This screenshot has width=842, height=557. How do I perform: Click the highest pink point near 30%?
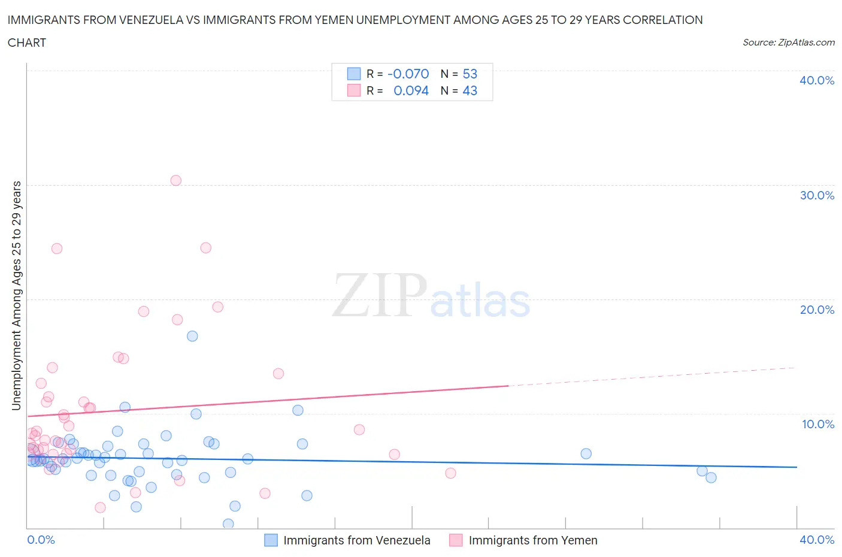click(x=175, y=180)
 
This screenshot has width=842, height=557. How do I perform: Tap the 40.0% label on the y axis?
click(x=816, y=80)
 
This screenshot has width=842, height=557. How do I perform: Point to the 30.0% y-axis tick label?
click(x=816, y=195)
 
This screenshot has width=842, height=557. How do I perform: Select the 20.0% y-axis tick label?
click(x=816, y=310)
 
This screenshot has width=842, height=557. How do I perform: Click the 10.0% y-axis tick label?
click(x=817, y=424)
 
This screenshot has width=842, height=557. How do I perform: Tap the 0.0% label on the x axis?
click(x=41, y=540)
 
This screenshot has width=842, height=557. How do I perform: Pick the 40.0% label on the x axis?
click(x=817, y=540)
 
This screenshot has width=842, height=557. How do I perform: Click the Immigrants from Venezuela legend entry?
click(x=356, y=540)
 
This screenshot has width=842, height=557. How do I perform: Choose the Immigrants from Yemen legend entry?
click(x=532, y=540)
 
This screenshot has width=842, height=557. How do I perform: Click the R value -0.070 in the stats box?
click(x=408, y=74)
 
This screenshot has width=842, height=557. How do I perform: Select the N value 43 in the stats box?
click(x=470, y=90)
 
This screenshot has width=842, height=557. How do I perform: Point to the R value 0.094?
click(x=411, y=90)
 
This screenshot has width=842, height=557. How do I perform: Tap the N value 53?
click(x=470, y=74)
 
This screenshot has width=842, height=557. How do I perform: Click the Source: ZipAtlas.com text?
click(x=788, y=42)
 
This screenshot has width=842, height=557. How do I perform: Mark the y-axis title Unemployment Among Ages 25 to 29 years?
click(x=17, y=295)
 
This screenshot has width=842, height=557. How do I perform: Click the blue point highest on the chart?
click(x=192, y=336)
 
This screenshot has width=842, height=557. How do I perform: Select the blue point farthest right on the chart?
click(x=711, y=477)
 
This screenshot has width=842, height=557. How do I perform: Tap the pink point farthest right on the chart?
click(x=450, y=473)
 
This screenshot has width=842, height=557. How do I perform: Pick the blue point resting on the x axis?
click(x=228, y=524)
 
